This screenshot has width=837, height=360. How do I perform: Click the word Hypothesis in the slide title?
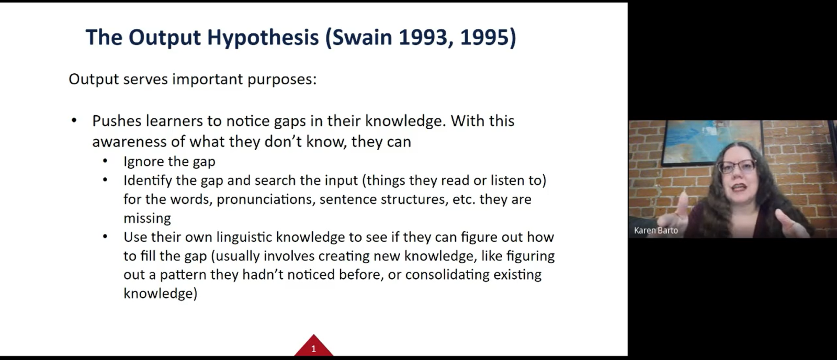(263, 38)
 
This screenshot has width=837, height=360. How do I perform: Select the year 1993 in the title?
(423, 37)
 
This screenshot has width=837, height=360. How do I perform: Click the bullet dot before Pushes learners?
(74, 120)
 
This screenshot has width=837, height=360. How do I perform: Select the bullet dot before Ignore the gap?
(105, 161)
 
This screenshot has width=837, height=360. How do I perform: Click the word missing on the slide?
(147, 218)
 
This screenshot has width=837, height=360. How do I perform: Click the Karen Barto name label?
(656, 230)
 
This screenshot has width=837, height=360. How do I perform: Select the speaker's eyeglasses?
(737, 166)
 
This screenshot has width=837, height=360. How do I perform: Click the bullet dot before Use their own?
(105, 237)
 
